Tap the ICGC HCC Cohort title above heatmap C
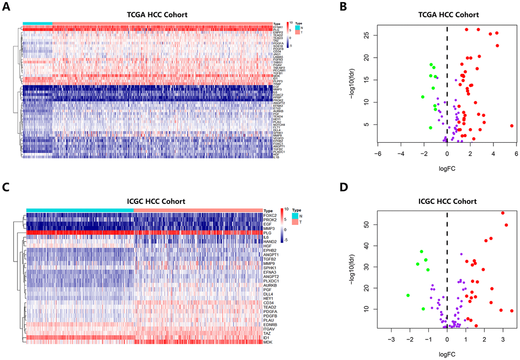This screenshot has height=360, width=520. pos(145,201)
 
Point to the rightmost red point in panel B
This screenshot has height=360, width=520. pos(511,125)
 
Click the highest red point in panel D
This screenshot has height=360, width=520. pos(503,213)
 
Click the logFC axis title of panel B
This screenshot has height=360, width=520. pos(447,167)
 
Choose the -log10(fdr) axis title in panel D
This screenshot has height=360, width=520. pos(352,266)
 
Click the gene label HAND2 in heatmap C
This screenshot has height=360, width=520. pos(270,242)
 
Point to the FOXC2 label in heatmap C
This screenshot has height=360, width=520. pos(270,215)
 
